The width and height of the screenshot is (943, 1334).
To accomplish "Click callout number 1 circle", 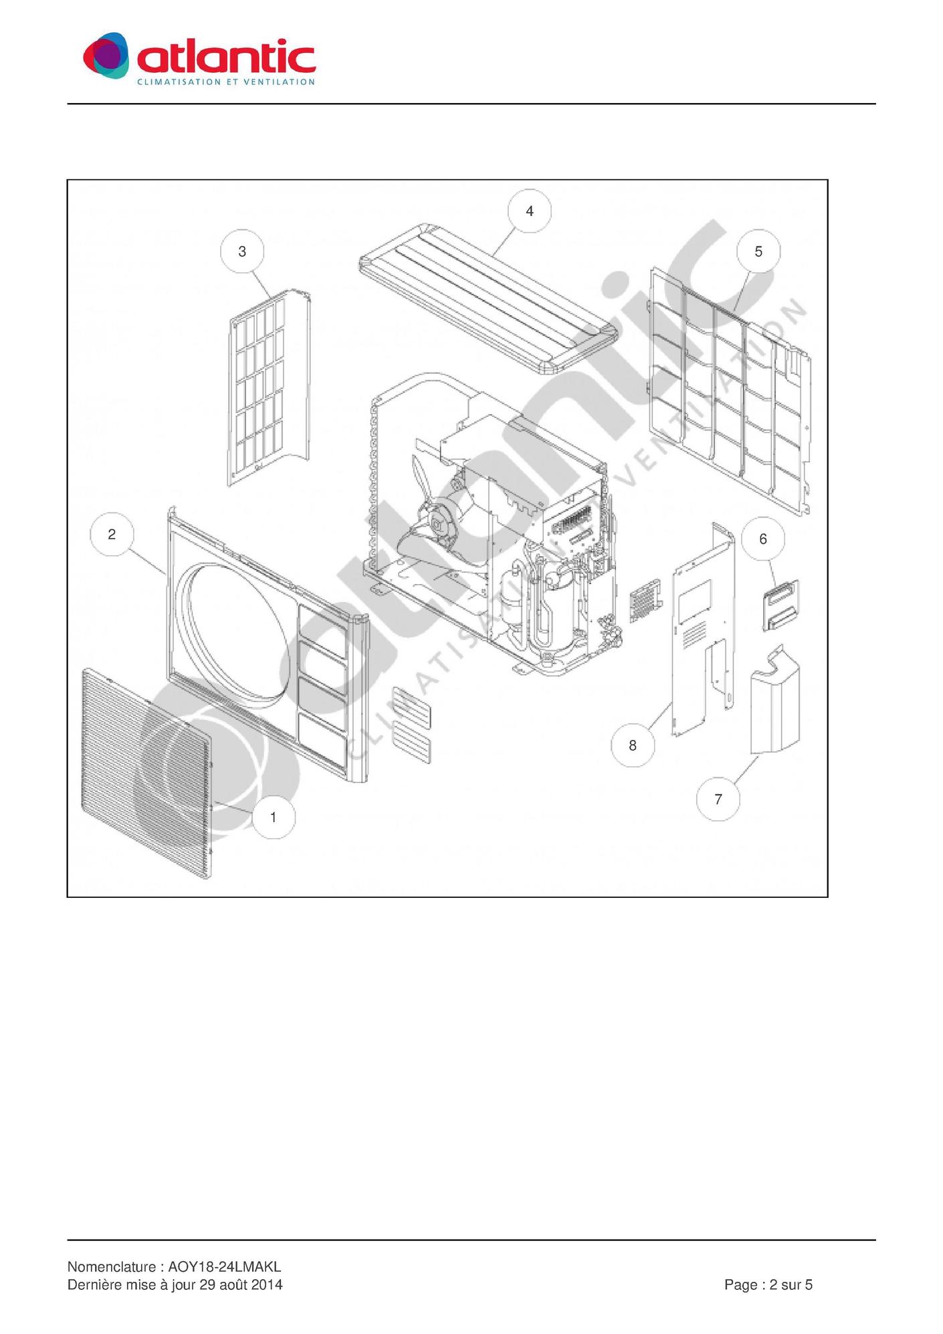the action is (274, 817).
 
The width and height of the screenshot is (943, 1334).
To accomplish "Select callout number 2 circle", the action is (112, 534).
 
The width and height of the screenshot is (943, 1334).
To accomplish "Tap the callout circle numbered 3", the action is (242, 252).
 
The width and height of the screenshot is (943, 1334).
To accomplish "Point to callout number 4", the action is (530, 211).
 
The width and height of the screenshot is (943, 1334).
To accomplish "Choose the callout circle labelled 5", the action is (758, 252).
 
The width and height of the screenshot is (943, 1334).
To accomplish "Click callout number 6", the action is (763, 539).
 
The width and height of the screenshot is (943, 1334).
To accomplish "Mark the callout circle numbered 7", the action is (718, 799).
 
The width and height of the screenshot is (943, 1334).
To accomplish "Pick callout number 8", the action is (633, 745).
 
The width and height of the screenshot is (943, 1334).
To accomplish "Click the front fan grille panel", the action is (147, 773).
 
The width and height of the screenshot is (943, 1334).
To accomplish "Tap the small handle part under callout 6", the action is (780, 605).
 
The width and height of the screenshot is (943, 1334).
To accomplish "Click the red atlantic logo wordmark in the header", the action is (226, 56).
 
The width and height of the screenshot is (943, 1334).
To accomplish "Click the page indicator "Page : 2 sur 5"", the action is (768, 1284).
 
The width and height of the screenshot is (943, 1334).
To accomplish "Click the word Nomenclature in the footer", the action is (111, 1266).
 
